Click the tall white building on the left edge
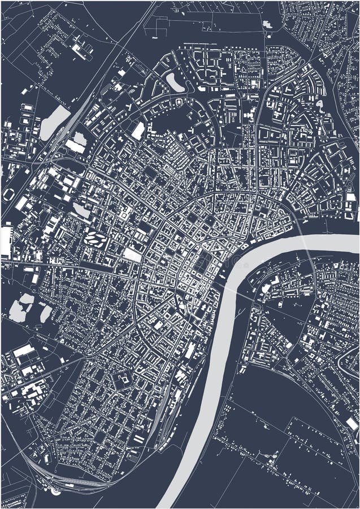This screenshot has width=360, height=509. click(6, 240)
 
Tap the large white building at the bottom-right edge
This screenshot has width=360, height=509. click(352, 424)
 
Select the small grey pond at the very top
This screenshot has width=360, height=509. click(267, 24)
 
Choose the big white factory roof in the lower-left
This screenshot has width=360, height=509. click(24, 351)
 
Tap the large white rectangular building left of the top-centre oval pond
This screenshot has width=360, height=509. click(138, 131)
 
